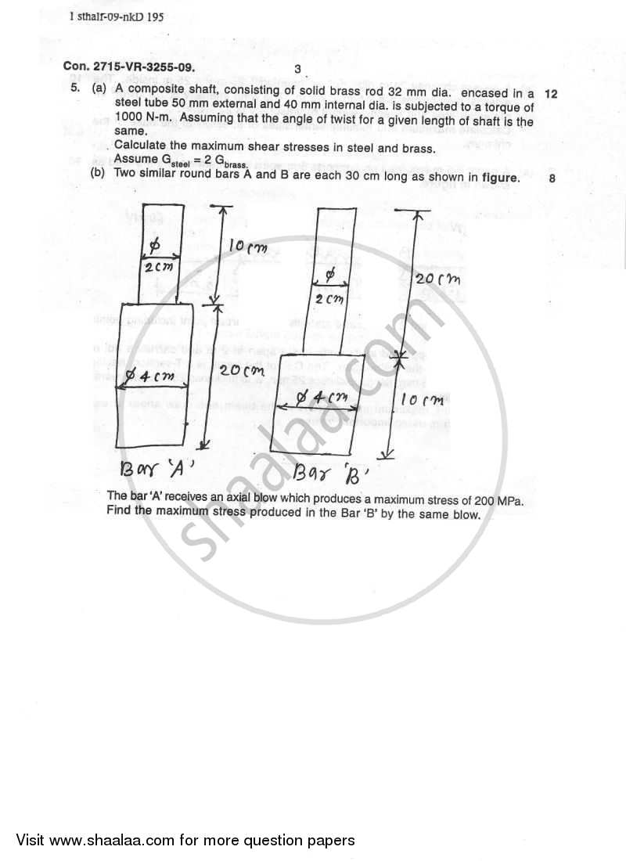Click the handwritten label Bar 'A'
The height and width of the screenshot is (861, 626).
153,470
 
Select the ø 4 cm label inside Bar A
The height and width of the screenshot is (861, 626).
154,377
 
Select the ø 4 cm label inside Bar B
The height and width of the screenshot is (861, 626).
322,398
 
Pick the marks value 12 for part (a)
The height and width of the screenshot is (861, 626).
550,93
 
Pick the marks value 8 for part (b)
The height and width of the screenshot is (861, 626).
552,178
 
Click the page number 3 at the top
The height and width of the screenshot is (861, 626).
297,69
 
